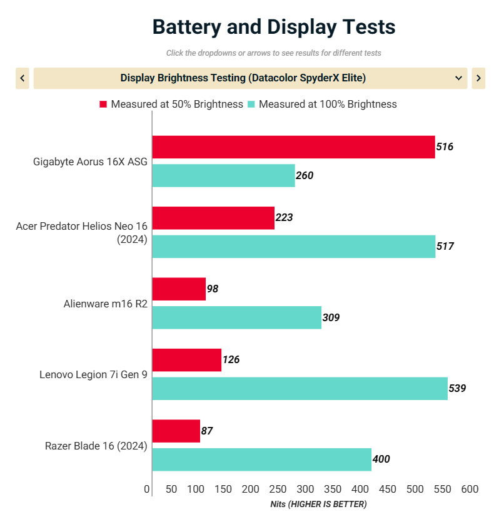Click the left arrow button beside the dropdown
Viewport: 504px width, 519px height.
pos(23,78)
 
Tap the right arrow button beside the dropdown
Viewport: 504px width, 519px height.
pos(478,78)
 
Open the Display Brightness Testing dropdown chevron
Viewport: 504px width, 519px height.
pos(458,78)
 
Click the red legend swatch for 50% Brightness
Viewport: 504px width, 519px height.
pos(103,104)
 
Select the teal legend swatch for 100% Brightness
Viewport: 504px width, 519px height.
pos(251,104)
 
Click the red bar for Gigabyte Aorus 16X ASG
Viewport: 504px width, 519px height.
pos(293,147)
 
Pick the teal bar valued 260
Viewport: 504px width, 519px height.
pos(223,175)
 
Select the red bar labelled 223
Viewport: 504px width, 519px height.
pos(213,218)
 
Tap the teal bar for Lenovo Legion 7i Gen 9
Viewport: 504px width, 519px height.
pos(300,388)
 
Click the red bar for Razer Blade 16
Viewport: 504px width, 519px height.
pos(176,431)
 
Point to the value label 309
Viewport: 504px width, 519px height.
pos(331,317)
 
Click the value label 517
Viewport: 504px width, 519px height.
pos(445,246)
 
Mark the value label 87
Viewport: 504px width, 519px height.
pos(207,431)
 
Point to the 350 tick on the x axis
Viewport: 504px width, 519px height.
pos(333,489)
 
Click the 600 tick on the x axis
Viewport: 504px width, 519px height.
pos(470,489)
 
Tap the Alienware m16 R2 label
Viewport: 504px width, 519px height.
pos(105,304)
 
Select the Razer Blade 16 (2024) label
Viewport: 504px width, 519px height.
pos(96,446)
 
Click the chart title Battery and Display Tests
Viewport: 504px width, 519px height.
pos(274,27)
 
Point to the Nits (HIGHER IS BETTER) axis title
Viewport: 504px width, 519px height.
pos(318,504)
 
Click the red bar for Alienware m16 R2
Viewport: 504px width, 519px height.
pos(179,289)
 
